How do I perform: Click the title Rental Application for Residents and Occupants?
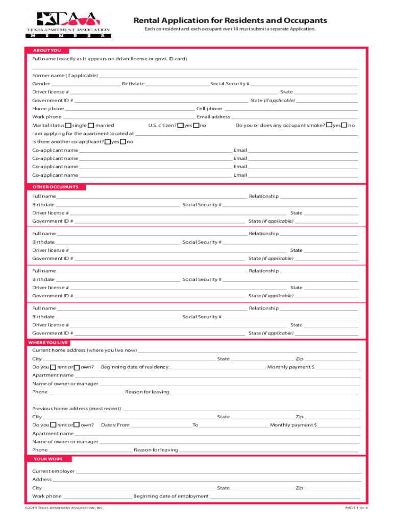coord(230,20)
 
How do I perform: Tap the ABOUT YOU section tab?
coord(46,51)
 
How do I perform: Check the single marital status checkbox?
coord(68,126)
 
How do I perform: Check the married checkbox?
coord(91,126)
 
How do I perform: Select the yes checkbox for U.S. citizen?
coord(181,126)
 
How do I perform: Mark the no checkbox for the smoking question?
coord(344,126)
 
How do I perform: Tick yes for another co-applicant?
coord(108,142)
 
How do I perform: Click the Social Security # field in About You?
coord(304,84)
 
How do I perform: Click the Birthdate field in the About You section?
coord(177,84)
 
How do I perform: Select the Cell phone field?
coord(291,109)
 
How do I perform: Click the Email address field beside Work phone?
coord(294,117)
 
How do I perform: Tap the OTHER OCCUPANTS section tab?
coord(56,187)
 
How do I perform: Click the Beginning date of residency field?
coord(218,367)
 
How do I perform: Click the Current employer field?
coord(218,472)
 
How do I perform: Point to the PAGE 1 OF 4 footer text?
coord(357,508)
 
